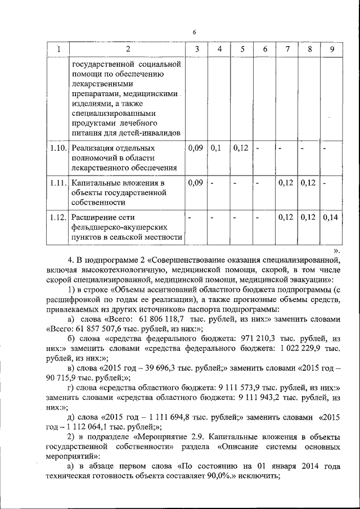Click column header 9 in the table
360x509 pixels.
(x=332, y=49)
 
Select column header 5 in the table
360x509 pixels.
(x=242, y=49)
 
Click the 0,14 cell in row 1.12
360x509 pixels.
(x=332, y=218)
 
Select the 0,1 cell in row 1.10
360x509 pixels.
(x=217, y=148)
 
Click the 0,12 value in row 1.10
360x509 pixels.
(x=241, y=148)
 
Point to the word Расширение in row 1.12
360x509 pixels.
(x=95, y=218)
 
